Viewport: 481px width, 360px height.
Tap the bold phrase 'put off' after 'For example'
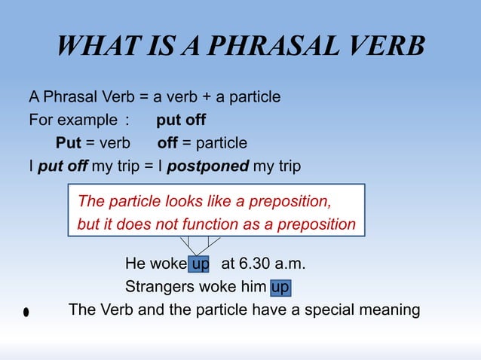(x=181, y=121)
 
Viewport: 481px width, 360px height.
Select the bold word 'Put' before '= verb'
(x=69, y=143)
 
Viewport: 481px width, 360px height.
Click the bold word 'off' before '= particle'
(x=168, y=143)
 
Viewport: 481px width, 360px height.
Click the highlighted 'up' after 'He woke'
(x=200, y=264)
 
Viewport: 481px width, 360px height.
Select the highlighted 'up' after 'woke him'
(x=280, y=287)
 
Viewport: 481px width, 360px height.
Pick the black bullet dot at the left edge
(x=26, y=312)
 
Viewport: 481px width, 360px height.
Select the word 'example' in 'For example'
(x=86, y=121)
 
